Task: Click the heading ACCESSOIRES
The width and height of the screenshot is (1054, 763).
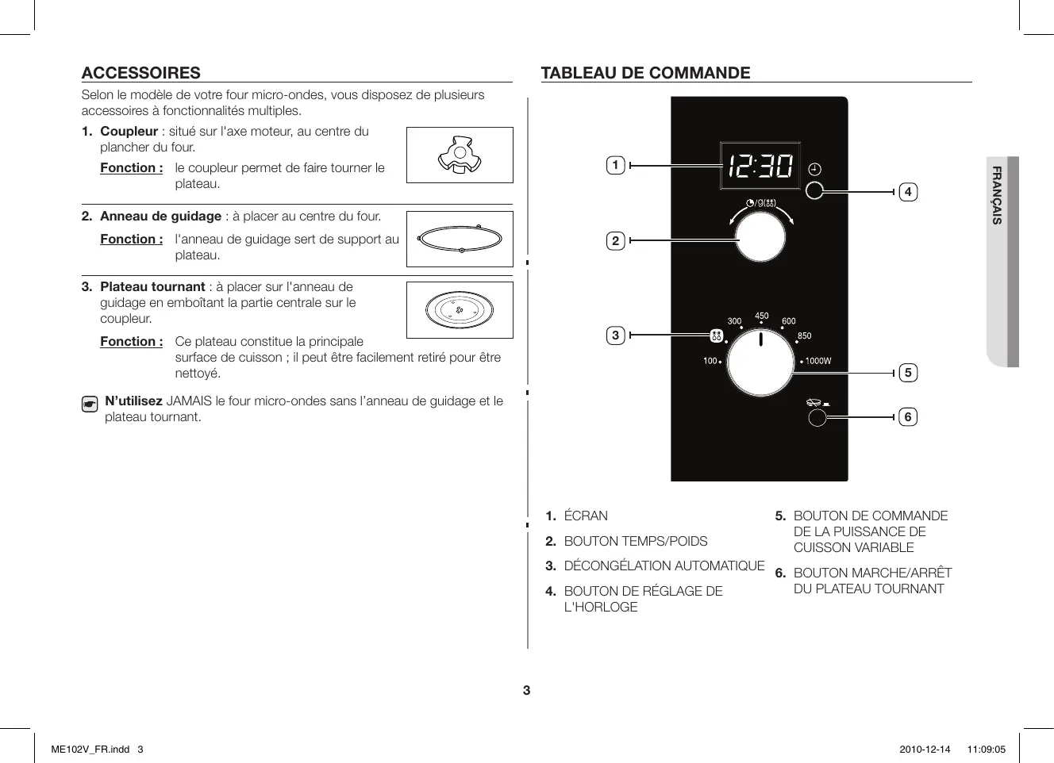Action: coord(140,73)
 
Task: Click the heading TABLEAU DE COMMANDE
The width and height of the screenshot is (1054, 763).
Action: coord(645,73)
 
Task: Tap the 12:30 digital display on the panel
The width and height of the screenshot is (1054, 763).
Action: coord(760,167)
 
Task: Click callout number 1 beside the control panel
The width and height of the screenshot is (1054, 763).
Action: coord(615,166)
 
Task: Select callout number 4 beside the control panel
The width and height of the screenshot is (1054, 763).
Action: coord(908,191)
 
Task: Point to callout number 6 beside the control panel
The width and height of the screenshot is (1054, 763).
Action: coord(908,416)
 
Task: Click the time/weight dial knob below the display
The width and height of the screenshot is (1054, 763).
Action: coord(760,238)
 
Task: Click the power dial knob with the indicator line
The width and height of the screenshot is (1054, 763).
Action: coord(760,363)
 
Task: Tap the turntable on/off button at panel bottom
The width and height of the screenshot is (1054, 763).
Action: coord(816,418)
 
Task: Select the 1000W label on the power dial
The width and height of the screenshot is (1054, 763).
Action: coord(818,362)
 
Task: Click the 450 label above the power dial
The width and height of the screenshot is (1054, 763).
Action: coord(761,316)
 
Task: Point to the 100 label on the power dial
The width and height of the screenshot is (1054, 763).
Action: coord(710,362)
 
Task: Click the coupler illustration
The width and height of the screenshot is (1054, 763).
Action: coord(460,155)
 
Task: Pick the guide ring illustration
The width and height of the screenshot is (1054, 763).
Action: coord(460,239)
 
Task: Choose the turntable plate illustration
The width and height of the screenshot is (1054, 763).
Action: coord(460,310)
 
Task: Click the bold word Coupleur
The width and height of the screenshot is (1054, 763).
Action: coord(129,132)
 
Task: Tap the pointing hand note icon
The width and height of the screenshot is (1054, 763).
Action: coord(90,405)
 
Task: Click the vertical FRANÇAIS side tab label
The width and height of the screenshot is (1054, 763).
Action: coord(997,195)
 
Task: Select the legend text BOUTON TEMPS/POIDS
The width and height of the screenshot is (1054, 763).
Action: coord(635,541)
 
